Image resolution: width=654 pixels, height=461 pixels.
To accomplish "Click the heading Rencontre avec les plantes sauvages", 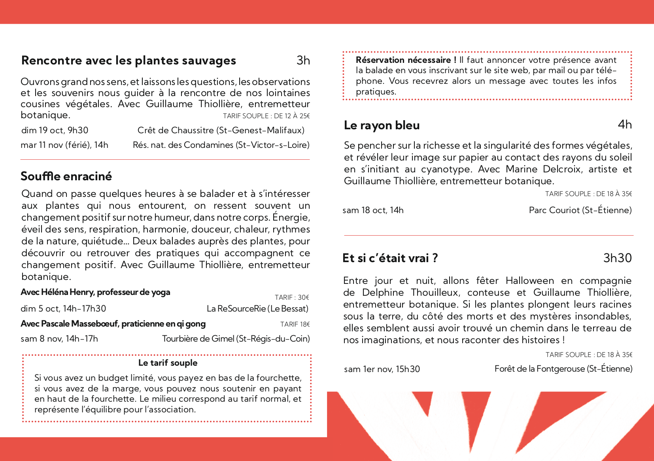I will pos(129,60).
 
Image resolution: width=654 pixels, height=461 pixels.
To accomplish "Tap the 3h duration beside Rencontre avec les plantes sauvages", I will pos(303,60).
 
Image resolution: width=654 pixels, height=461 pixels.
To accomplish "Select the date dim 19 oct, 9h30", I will pos(55,130).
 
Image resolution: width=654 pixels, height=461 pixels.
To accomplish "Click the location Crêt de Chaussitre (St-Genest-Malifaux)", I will pos(221,130).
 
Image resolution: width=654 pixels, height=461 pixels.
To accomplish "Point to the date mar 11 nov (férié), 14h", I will pos(64,145).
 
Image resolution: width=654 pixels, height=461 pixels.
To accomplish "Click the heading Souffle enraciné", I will pos(66,176).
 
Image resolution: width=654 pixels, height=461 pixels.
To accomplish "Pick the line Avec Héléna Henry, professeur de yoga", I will pos(95,292).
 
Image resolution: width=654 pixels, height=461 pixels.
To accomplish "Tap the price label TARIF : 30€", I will pos(292,297).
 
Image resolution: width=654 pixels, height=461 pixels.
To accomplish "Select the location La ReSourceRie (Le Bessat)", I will pos(257,309).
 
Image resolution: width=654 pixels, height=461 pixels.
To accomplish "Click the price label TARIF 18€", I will pos(295,324).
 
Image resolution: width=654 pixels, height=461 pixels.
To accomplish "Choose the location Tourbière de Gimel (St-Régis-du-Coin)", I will pos(236,339).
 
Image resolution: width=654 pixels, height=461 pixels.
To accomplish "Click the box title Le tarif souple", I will pos(168,363).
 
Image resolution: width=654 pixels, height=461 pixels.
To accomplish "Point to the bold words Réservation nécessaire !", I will pos(406,60).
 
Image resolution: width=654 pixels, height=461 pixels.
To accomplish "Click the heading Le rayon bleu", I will pos(382,125).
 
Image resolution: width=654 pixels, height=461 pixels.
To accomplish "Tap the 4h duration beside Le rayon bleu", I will pos(625,125).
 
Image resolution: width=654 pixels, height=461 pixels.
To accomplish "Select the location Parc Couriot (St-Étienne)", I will pos(580,210).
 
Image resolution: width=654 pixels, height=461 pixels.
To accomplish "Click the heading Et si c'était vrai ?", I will pos(390,258).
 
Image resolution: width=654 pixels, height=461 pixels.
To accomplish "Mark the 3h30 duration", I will pos(617,258).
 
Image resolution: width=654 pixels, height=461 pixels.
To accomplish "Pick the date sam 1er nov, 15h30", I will pos(382,369).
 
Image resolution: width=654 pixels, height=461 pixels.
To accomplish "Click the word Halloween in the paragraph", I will pos(529,281).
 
